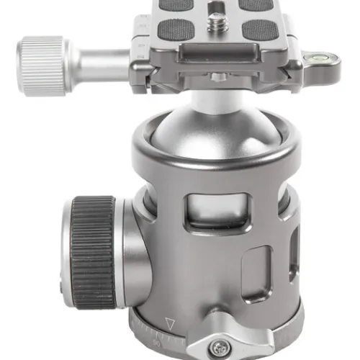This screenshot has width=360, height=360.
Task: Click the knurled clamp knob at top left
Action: coord(42,66)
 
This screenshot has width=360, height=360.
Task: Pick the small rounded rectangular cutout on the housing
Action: coord(256,269)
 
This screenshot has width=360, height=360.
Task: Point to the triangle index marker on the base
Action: coord(171,323)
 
